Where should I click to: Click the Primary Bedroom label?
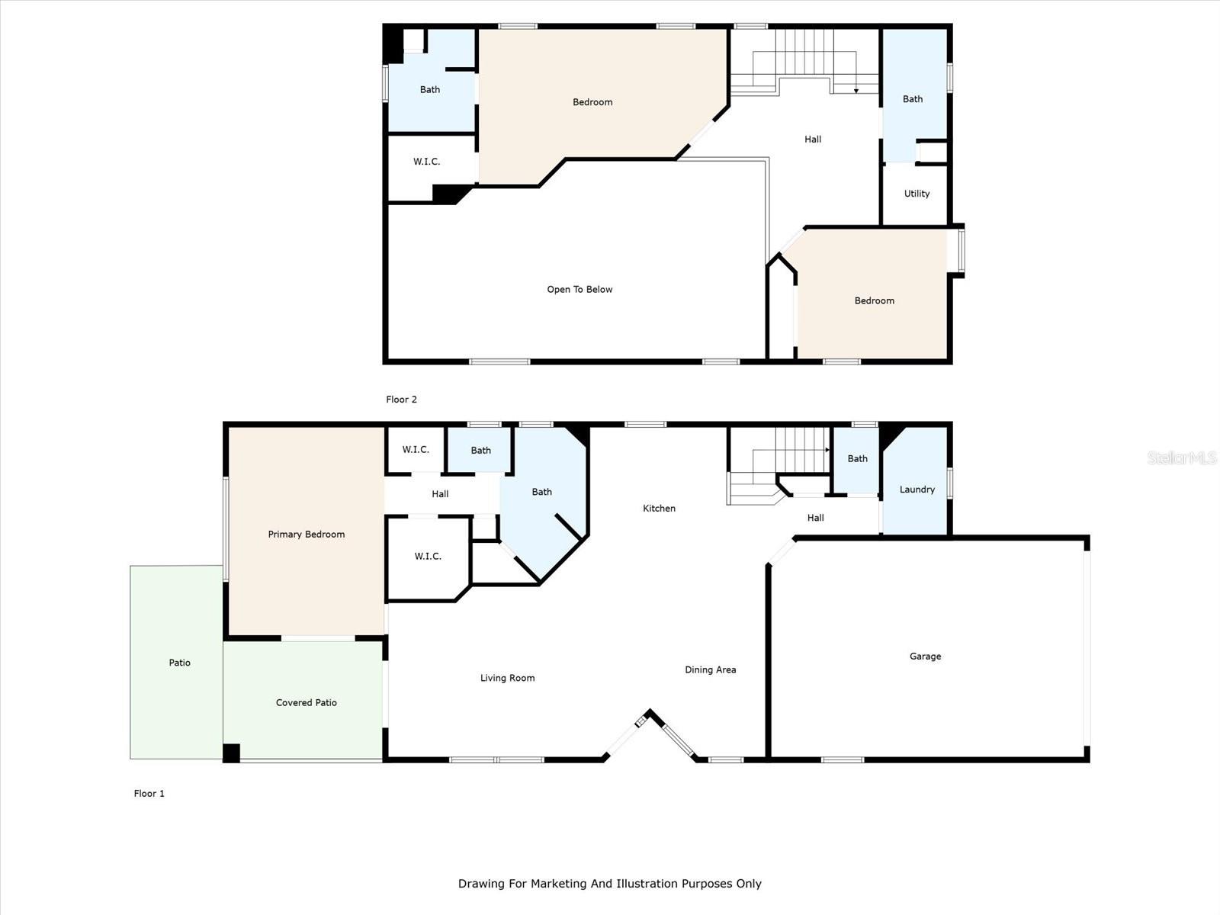pyautogui.click(x=306, y=535)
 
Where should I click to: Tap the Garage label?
pyautogui.click(x=925, y=657)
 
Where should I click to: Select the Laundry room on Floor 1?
pyautogui.click(x=917, y=490)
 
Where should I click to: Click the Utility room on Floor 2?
pyautogui.click(x=917, y=194)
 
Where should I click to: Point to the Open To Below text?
pyautogui.click(x=579, y=290)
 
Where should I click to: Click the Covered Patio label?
pyautogui.click(x=306, y=703)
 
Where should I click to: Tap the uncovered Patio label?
pyautogui.click(x=179, y=663)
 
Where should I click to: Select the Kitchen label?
pyautogui.click(x=659, y=509)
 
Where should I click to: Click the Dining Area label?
pyautogui.click(x=710, y=670)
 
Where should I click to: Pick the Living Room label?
pyautogui.click(x=507, y=678)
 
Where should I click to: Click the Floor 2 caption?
pyautogui.click(x=401, y=400)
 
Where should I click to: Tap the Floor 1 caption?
pyautogui.click(x=149, y=794)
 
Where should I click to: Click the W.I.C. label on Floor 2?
pyautogui.click(x=426, y=162)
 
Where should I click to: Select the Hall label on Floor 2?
pyautogui.click(x=813, y=140)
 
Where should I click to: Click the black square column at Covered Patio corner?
pyautogui.click(x=231, y=753)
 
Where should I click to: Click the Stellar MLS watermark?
pyautogui.click(x=1182, y=457)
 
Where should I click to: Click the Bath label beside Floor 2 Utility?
pyautogui.click(x=913, y=99)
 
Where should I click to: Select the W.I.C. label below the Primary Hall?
pyautogui.click(x=428, y=557)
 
